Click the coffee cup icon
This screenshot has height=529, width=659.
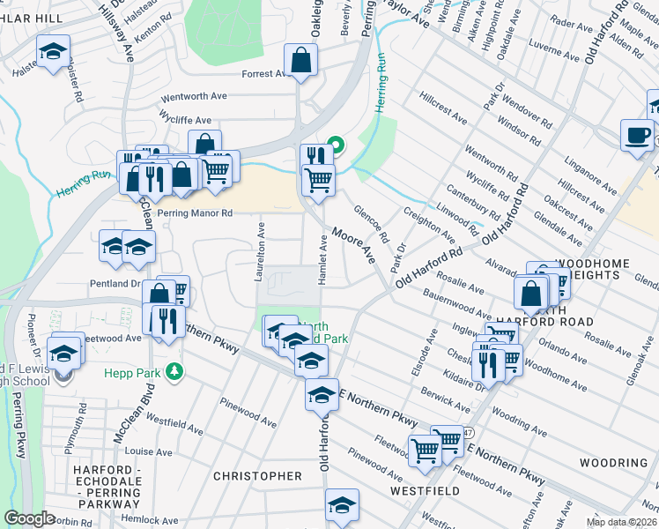pos(637,135)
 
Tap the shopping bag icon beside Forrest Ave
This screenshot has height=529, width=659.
pos(300,61)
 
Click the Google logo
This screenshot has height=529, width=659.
pos(30,518)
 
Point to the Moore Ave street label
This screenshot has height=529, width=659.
pos(353,245)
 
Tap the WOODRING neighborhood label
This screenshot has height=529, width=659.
pos(614,463)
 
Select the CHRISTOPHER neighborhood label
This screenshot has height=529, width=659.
pos(257,476)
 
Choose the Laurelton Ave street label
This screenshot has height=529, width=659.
pos(261,251)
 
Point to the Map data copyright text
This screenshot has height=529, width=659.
pos(623,521)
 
